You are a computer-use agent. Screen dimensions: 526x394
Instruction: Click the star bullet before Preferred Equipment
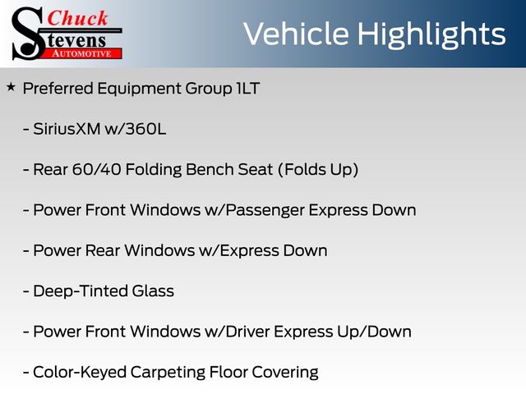11,88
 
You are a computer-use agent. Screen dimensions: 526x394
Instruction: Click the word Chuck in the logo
77,18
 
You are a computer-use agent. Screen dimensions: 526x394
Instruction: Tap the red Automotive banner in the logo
82,53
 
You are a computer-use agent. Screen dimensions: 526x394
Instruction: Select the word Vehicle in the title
296,34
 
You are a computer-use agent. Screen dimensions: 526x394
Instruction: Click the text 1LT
248,89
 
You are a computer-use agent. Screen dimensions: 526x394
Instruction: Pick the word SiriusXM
67,129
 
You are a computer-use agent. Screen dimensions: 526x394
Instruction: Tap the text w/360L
136,129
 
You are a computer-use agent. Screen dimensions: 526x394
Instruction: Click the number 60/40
97,170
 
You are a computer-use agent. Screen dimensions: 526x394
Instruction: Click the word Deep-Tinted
81,291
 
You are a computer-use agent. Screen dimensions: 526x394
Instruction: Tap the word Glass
153,291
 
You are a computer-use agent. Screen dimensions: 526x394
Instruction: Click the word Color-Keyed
80,373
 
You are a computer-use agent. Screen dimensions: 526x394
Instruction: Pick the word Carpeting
168,373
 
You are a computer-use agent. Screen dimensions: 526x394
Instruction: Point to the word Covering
285,373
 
